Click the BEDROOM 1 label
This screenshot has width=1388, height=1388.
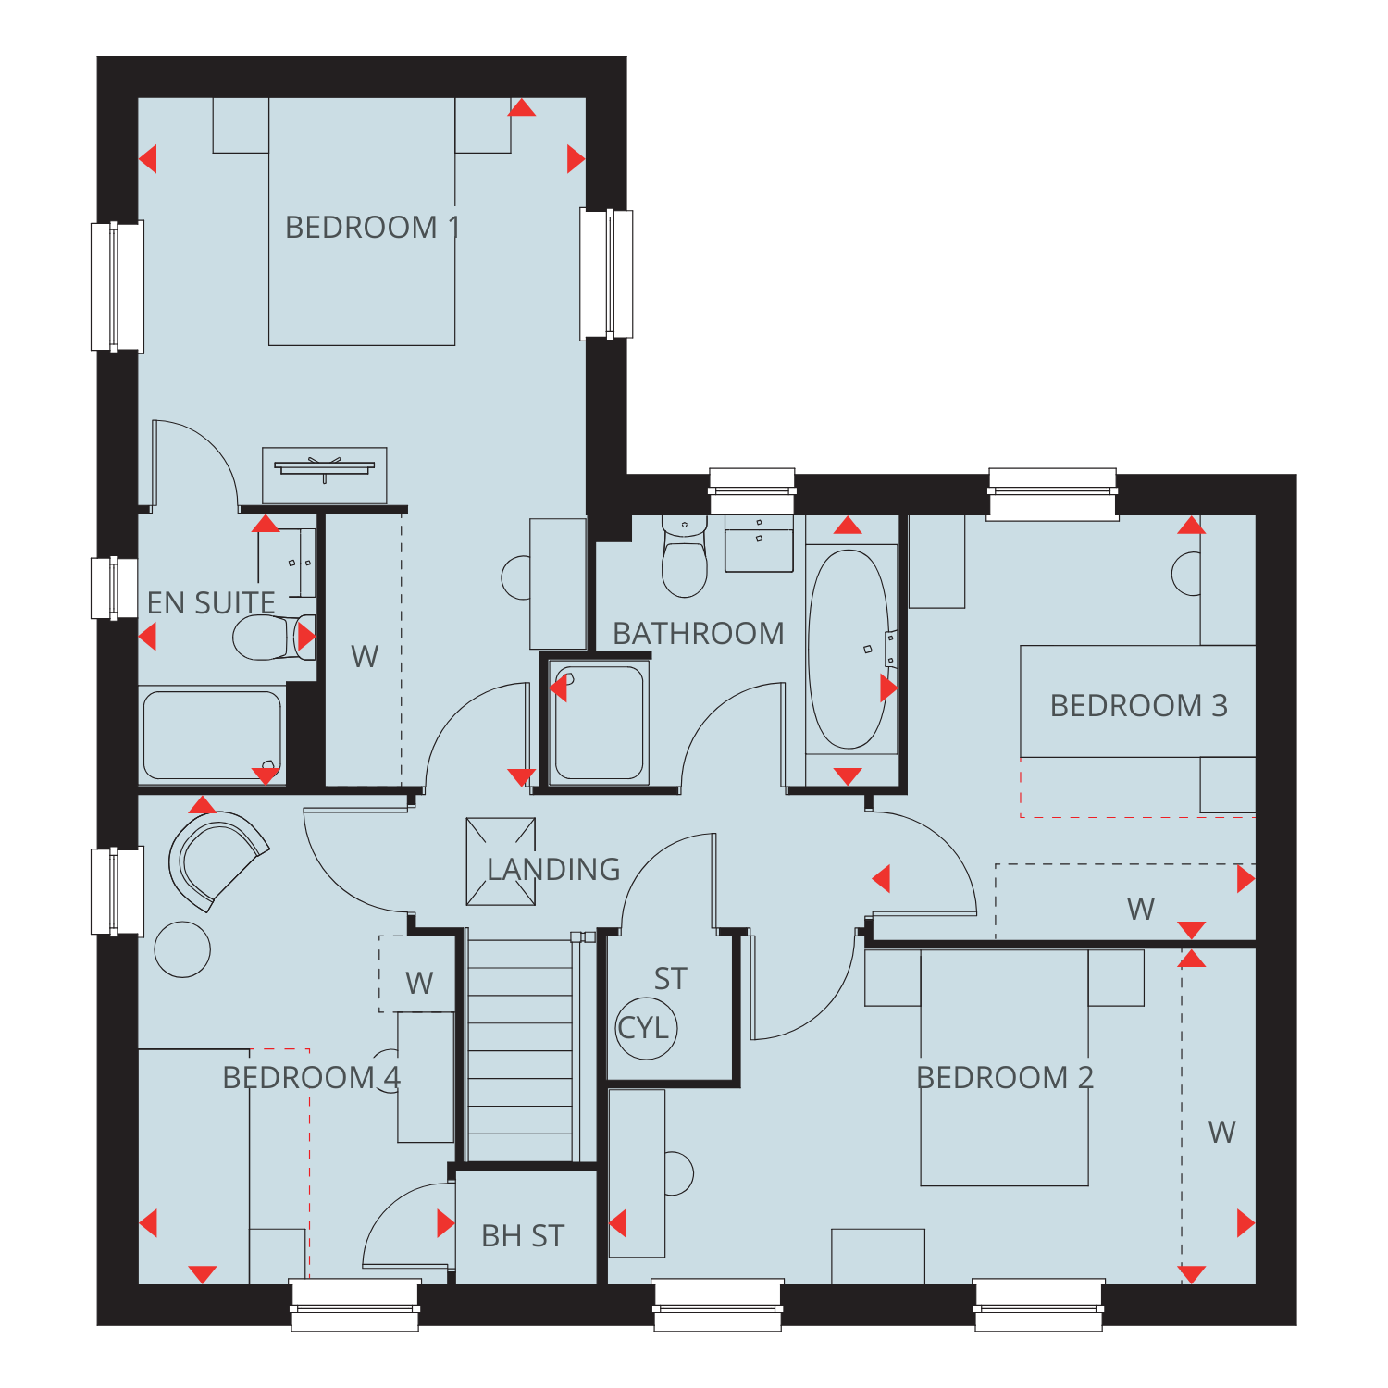372,228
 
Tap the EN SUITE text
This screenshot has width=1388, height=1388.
211,603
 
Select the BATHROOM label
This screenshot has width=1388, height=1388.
699,634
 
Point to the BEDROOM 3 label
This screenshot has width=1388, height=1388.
1138,706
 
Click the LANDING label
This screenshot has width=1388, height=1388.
553,870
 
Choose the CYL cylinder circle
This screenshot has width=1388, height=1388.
647,1027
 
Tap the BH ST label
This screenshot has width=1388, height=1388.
523,1236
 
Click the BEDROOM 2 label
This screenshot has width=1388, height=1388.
1005,1078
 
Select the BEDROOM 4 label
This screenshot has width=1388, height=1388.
312,1078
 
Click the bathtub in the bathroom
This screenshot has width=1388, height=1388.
849,650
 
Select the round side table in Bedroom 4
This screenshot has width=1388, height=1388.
182,949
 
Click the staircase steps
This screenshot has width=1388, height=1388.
520,1050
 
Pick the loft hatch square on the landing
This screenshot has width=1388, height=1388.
501,861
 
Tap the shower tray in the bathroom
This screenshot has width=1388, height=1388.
600,723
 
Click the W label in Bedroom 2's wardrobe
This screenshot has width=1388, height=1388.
1221,1133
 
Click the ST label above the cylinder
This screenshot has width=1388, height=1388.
671,979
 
